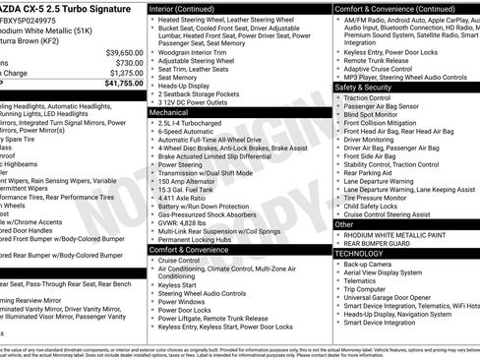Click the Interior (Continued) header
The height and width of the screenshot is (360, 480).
191,8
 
